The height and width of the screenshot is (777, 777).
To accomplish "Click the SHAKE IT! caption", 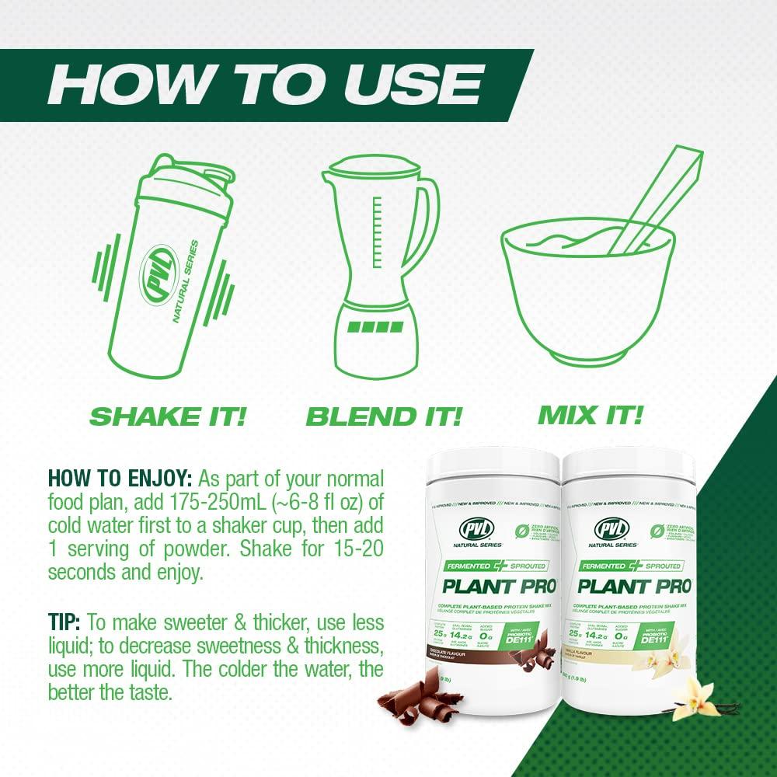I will [167, 416].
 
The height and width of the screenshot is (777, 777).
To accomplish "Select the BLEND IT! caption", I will [384, 416].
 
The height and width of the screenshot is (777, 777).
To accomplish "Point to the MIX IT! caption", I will [591, 414].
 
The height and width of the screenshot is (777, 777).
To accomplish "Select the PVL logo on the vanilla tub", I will [611, 530].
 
